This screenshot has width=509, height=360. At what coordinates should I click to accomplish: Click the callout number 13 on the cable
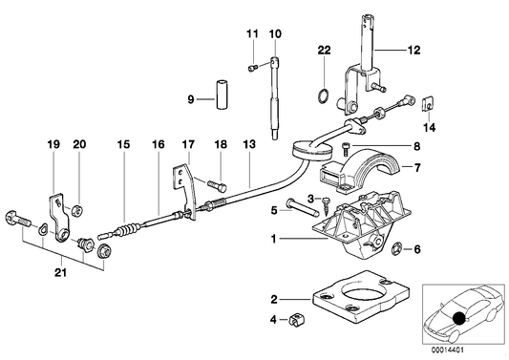tap(248, 144)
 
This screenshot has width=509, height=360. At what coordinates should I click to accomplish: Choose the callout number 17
tap(189, 144)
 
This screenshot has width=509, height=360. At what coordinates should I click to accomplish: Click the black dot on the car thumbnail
tap(460, 319)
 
